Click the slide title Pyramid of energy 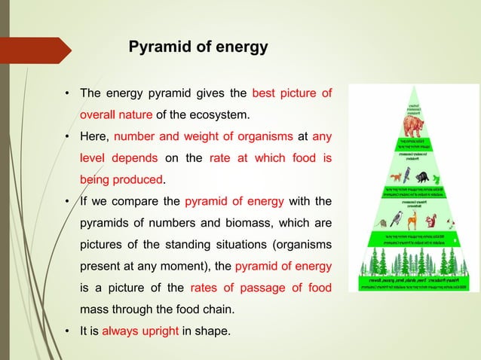coord(198,47)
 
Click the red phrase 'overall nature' coord(117,115)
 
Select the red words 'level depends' coord(119,158)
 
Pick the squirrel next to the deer coord(430,221)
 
